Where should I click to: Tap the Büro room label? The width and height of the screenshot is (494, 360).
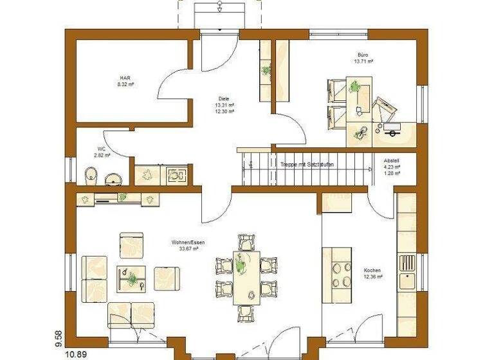pos(363,55)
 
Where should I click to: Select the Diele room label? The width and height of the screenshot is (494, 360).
pos(224,99)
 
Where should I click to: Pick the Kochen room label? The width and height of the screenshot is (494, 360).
pos(372,270)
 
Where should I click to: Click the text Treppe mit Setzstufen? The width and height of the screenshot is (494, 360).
pos(307,165)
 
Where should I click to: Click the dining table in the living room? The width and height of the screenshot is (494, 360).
pos(247,276)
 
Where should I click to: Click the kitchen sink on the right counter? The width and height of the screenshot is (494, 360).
pos(407,280)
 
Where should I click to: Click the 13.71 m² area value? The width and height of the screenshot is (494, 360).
pos(363,62)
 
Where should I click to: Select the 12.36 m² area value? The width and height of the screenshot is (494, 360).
pos(373,277)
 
